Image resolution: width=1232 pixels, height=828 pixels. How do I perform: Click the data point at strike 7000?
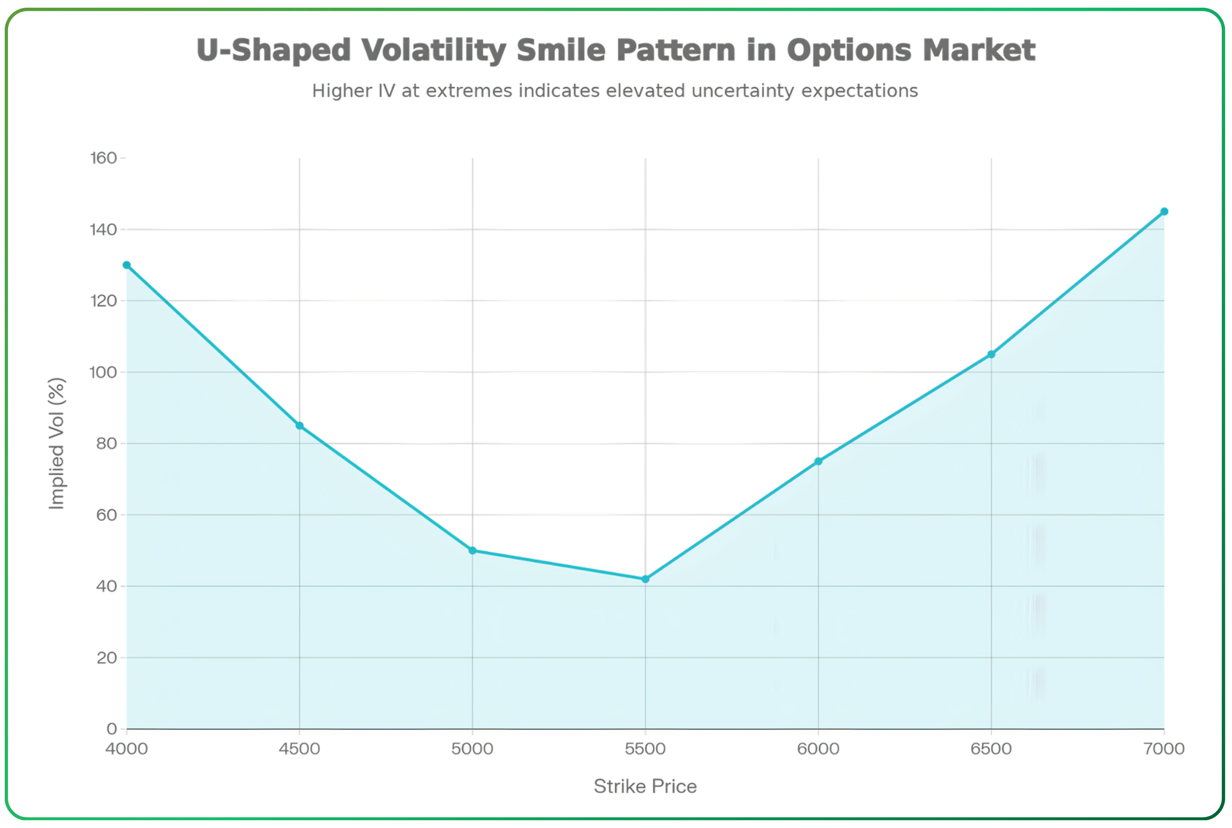coord(1164,212)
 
